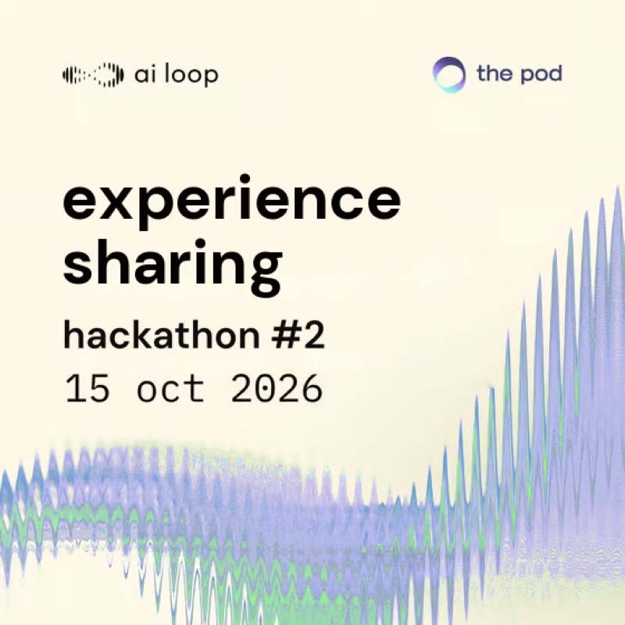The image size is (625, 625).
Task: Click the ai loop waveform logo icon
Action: pyautogui.click(x=93, y=74)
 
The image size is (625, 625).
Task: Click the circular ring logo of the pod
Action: pyautogui.click(x=448, y=74)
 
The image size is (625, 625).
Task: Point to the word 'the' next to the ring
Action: pyautogui.click(x=495, y=73)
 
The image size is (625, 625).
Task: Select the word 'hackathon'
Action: pyautogui.click(x=162, y=335)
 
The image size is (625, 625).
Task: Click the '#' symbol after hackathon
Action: pyautogui.click(x=284, y=336)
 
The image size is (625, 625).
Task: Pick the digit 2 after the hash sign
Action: pyautogui.click(x=314, y=336)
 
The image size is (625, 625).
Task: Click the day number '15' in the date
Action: pyautogui.click(x=87, y=387)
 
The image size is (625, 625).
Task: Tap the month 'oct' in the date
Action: pyautogui.click(x=170, y=388)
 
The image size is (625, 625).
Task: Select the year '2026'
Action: pyautogui.click(x=277, y=387)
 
